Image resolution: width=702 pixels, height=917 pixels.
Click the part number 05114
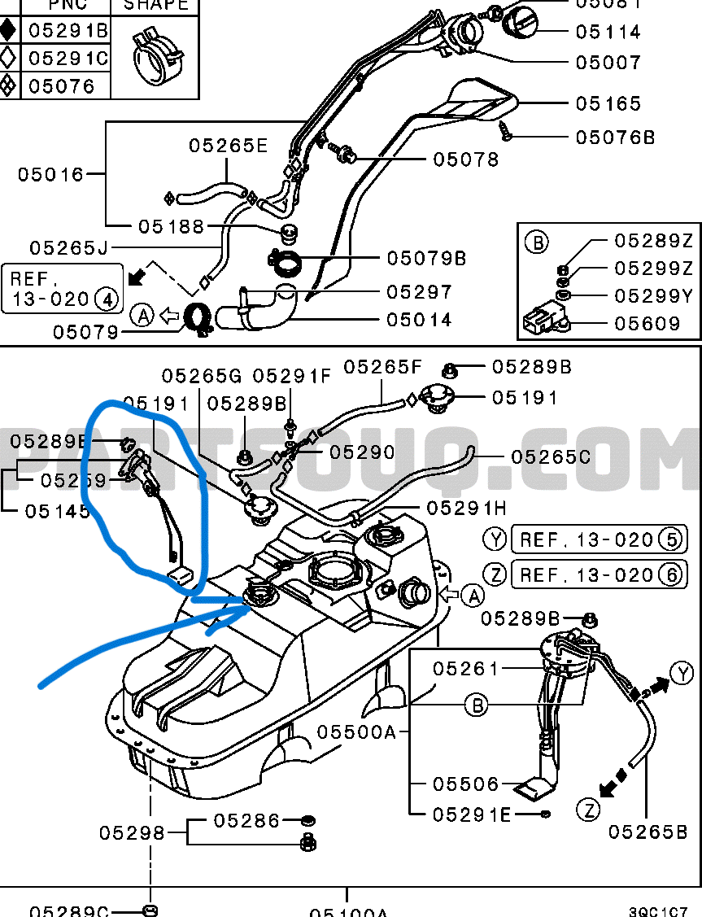point(608,33)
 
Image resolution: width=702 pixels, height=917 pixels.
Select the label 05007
point(608,63)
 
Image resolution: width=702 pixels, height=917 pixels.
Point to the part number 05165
point(608,104)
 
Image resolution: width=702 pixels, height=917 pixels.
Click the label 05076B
point(615,138)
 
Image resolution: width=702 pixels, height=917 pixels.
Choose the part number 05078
point(466,159)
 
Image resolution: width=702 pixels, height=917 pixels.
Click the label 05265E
point(229,146)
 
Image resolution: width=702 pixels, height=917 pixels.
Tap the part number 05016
point(51,174)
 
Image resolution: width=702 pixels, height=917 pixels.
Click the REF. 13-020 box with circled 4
point(63,288)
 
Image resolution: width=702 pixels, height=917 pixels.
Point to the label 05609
point(647,324)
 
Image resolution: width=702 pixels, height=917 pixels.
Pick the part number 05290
point(362,452)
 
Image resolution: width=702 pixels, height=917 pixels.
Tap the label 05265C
point(551,457)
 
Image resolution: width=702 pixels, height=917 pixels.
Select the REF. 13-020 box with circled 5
point(598,539)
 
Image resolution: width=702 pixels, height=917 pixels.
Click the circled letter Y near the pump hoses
point(682,673)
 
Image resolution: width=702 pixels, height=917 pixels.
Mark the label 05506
point(465,784)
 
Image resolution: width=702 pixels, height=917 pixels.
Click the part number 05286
point(247,820)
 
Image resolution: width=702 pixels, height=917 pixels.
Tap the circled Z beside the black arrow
point(589,810)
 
